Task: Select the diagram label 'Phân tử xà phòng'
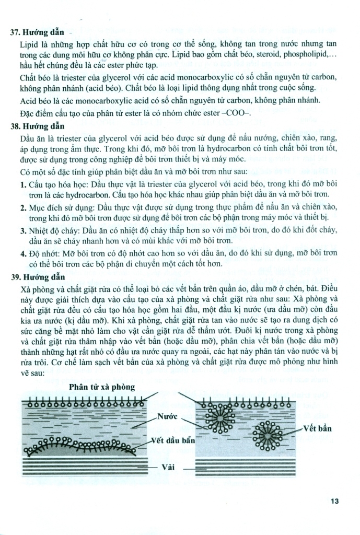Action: pos(102,387)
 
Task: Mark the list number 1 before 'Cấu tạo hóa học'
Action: pos(23,184)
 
